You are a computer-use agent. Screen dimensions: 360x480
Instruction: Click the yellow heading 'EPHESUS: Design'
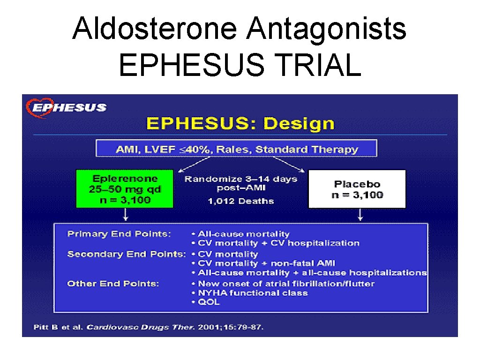click(x=240, y=124)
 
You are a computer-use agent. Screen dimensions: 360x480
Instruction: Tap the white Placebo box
click(x=357, y=189)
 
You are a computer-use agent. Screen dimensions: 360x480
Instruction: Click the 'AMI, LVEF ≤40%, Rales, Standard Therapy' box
click(x=236, y=150)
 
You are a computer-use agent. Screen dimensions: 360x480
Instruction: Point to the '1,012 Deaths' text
click(x=241, y=201)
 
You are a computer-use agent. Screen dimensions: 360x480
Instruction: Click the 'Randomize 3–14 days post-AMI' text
click(x=240, y=183)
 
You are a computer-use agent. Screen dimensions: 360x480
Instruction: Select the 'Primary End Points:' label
click(x=119, y=233)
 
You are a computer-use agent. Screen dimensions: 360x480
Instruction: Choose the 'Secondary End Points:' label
click(x=126, y=254)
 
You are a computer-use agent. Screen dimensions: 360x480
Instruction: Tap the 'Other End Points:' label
click(x=113, y=284)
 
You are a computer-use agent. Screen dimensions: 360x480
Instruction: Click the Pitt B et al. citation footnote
click(x=149, y=327)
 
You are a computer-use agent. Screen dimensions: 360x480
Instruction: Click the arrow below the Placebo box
click(x=360, y=215)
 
